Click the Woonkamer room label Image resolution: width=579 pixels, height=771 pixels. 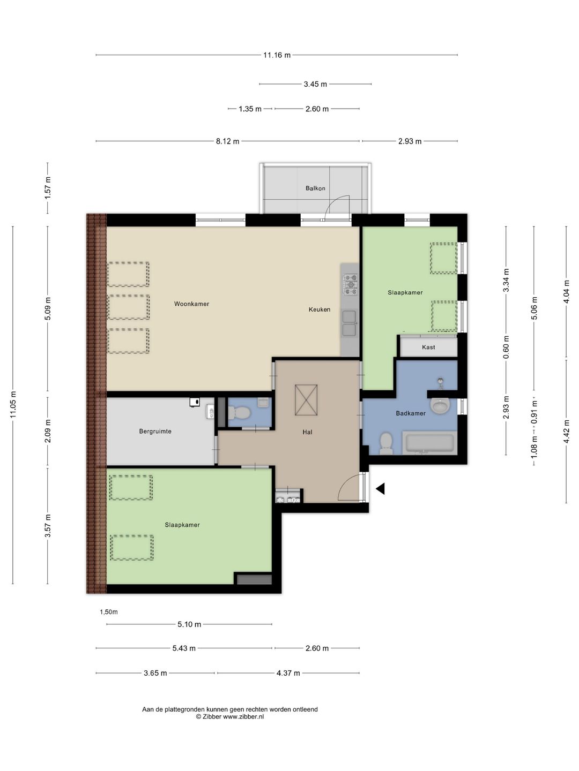191,304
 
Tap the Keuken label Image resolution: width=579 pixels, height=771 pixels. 319,309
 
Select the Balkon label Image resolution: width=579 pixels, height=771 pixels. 315,188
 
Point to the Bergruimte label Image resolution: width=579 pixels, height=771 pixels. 155,432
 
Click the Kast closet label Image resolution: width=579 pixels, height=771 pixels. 428,347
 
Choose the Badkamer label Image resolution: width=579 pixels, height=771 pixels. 411,413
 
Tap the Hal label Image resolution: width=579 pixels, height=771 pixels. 307,432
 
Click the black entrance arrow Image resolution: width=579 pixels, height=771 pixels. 380,489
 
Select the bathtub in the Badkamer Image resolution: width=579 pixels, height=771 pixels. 429,444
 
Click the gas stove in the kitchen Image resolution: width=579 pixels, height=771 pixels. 351,284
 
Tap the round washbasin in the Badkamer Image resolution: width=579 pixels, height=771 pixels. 440,406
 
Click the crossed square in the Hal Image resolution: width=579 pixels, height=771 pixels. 306,400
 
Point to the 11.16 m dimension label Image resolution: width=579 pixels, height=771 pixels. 277,55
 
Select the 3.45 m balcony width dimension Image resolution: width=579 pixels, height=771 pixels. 315,84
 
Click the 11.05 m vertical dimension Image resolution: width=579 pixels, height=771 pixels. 13,405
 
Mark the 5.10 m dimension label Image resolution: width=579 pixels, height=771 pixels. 189,624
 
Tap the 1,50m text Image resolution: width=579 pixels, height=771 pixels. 109,612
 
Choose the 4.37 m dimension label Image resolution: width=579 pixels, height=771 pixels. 288,673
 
